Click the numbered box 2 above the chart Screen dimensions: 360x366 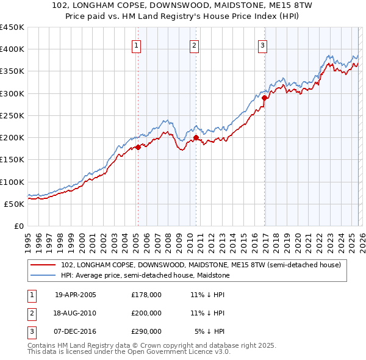coord(194,45)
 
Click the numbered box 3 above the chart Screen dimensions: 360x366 coord(262,45)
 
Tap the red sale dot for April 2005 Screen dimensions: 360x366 coord(138,146)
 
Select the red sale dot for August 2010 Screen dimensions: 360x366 coord(196,138)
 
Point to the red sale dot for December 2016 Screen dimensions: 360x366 coord(264,98)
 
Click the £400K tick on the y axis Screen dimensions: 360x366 coord(12,49)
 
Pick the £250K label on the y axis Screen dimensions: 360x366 coord(12,115)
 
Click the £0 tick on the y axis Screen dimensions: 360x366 coord(19,226)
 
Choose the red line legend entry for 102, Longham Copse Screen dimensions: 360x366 coord(201,265)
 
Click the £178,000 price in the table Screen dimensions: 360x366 coord(146,294)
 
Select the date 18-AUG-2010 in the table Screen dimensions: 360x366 coord(75,313)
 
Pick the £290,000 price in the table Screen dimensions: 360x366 coord(146,331)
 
